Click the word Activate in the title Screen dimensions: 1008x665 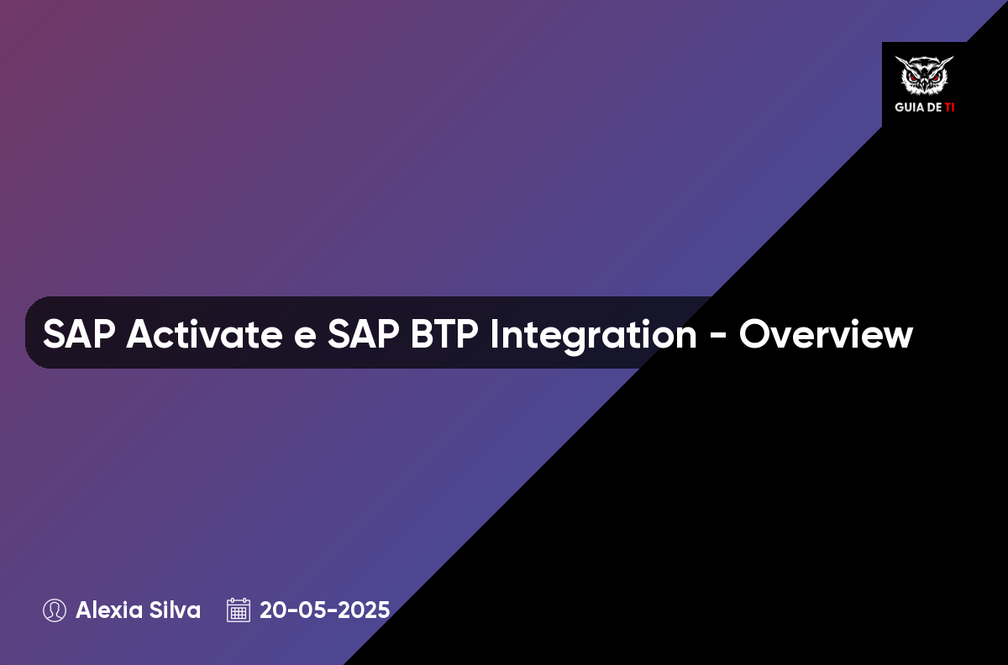pyautogui.click(x=204, y=334)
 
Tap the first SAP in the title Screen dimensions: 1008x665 pyautogui.click(x=79, y=334)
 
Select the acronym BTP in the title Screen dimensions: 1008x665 pyautogui.click(x=444, y=334)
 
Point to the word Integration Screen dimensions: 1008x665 pyautogui.click(x=594, y=336)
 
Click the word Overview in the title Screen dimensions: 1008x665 pyautogui.click(x=826, y=334)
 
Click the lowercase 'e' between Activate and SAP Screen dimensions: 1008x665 pyautogui.click(x=305, y=338)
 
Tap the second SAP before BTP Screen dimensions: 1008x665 pyautogui.click(x=363, y=334)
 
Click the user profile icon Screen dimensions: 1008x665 pyautogui.click(x=55, y=610)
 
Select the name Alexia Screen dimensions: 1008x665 pyautogui.click(x=108, y=610)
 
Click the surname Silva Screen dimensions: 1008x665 pyautogui.click(x=175, y=610)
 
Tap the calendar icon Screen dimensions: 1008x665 pyautogui.click(x=239, y=610)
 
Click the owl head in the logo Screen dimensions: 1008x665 pyautogui.click(x=924, y=75)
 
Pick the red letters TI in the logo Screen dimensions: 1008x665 pyautogui.click(x=949, y=107)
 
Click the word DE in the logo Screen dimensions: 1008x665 pyautogui.click(x=934, y=107)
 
